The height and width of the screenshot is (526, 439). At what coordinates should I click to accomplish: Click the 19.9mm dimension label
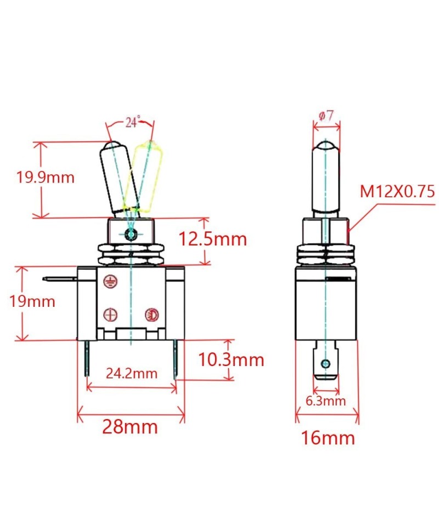pyautogui.click(x=45, y=177)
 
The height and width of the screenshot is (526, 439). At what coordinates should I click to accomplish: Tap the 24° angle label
pyautogui.click(x=132, y=122)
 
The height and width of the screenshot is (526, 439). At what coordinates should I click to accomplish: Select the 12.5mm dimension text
pyautogui.click(x=212, y=239)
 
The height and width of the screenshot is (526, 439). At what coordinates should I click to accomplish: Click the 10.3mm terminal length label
pyautogui.click(x=230, y=360)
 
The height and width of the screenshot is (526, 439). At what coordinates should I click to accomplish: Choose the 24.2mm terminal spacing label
pyautogui.click(x=132, y=374)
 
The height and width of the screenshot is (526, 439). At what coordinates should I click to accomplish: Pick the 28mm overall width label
pyautogui.click(x=130, y=427)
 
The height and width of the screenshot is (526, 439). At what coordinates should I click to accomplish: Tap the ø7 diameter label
pyautogui.click(x=326, y=116)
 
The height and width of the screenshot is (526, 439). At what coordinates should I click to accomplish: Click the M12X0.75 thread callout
pyautogui.click(x=397, y=191)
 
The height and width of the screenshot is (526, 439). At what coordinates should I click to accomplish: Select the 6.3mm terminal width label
pyautogui.click(x=326, y=401)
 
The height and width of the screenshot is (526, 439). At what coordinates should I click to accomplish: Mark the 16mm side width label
pyautogui.click(x=328, y=438)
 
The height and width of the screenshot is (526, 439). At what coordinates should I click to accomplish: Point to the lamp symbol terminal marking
pyautogui.click(x=151, y=315)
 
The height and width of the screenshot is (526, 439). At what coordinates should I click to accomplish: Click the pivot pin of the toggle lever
pyautogui.click(x=131, y=235)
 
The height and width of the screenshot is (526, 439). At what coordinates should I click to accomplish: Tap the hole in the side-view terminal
pyautogui.click(x=326, y=363)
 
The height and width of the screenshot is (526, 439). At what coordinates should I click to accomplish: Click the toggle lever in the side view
pyautogui.click(x=326, y=178)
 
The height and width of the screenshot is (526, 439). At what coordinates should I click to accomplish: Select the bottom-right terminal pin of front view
pyautogui.click(x=176, y=359)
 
